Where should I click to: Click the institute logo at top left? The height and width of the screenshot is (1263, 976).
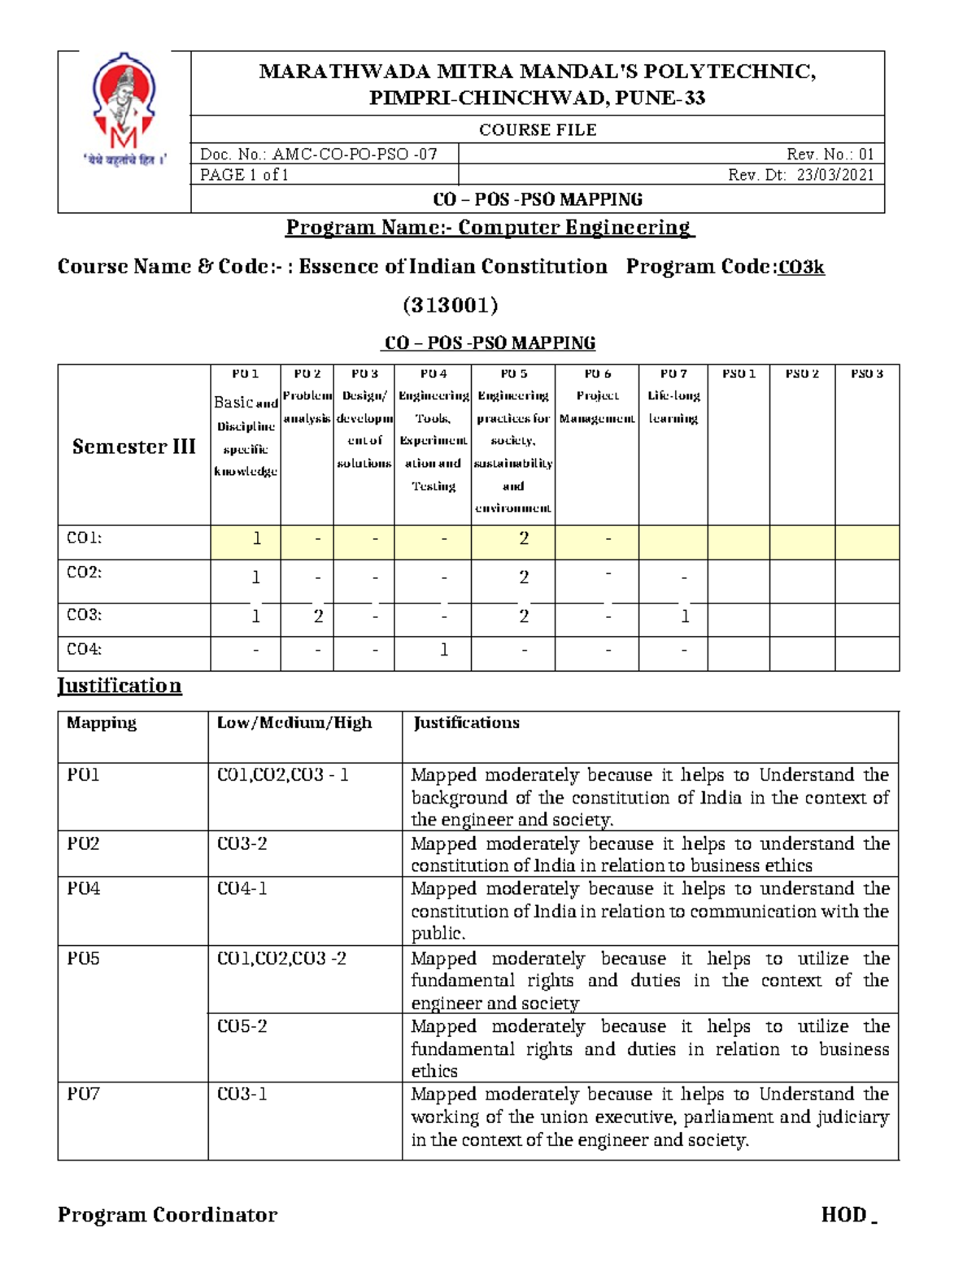click(124, 110)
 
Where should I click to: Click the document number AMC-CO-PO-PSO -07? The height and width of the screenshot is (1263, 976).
click(319, 154)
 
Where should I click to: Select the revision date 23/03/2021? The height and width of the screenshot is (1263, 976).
click(835, 175)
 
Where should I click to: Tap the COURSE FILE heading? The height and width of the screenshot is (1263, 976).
click(538, 130)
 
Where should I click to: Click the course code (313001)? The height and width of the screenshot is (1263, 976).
click(450, 305)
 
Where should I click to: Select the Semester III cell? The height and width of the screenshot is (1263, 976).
click(134, 446)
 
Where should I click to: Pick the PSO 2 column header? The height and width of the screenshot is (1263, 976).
click(802, 374)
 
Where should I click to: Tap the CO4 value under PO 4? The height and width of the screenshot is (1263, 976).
click(444, 650)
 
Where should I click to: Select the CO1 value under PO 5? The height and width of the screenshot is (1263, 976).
click(524, 538)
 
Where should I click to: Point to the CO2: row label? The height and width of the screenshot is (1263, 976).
click(84, 573)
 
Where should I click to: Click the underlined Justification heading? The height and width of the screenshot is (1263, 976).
click(120, 686)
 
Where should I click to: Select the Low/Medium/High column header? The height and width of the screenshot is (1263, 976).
click(294, 723)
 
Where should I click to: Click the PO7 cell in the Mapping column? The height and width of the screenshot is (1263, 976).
click(83, 1094)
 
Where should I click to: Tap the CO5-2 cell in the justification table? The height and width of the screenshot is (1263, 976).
click(242, 1026)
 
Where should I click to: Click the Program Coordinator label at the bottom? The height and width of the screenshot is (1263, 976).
click(168, 1214)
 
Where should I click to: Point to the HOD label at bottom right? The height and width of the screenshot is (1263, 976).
click(844, 1214)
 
